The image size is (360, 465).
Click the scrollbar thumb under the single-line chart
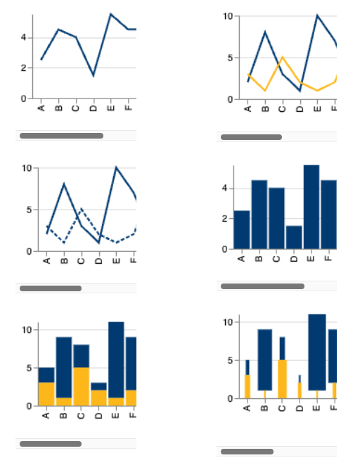pos(61,136)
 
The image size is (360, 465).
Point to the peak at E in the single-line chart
pos(110,14)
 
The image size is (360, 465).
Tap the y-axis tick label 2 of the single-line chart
pos(24,68)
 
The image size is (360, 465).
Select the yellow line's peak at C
pos(283,57)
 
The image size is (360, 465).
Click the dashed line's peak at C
pos(81,209)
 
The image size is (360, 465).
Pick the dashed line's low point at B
pos(64,243)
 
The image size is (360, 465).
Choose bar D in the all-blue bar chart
pos(294,237)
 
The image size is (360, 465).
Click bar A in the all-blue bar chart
pos(242,230)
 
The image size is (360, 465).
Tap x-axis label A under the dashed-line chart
pos(46,261)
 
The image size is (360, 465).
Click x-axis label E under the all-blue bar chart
pos(311,259)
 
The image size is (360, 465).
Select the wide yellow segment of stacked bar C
pos(81,387)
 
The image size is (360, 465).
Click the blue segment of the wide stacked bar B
pos(64,367)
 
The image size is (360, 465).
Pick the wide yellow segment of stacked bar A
pos(46,394)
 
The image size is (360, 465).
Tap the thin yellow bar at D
pos(300,390)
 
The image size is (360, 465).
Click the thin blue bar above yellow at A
pos(247,368)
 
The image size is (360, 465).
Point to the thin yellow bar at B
pos(265,395)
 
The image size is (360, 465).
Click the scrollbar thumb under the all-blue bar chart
pos(262,286)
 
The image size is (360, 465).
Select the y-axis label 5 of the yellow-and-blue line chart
pos(230,58)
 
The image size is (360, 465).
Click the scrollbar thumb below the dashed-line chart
pos(51,288)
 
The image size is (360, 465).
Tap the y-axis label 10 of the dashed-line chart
pos(27,168)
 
